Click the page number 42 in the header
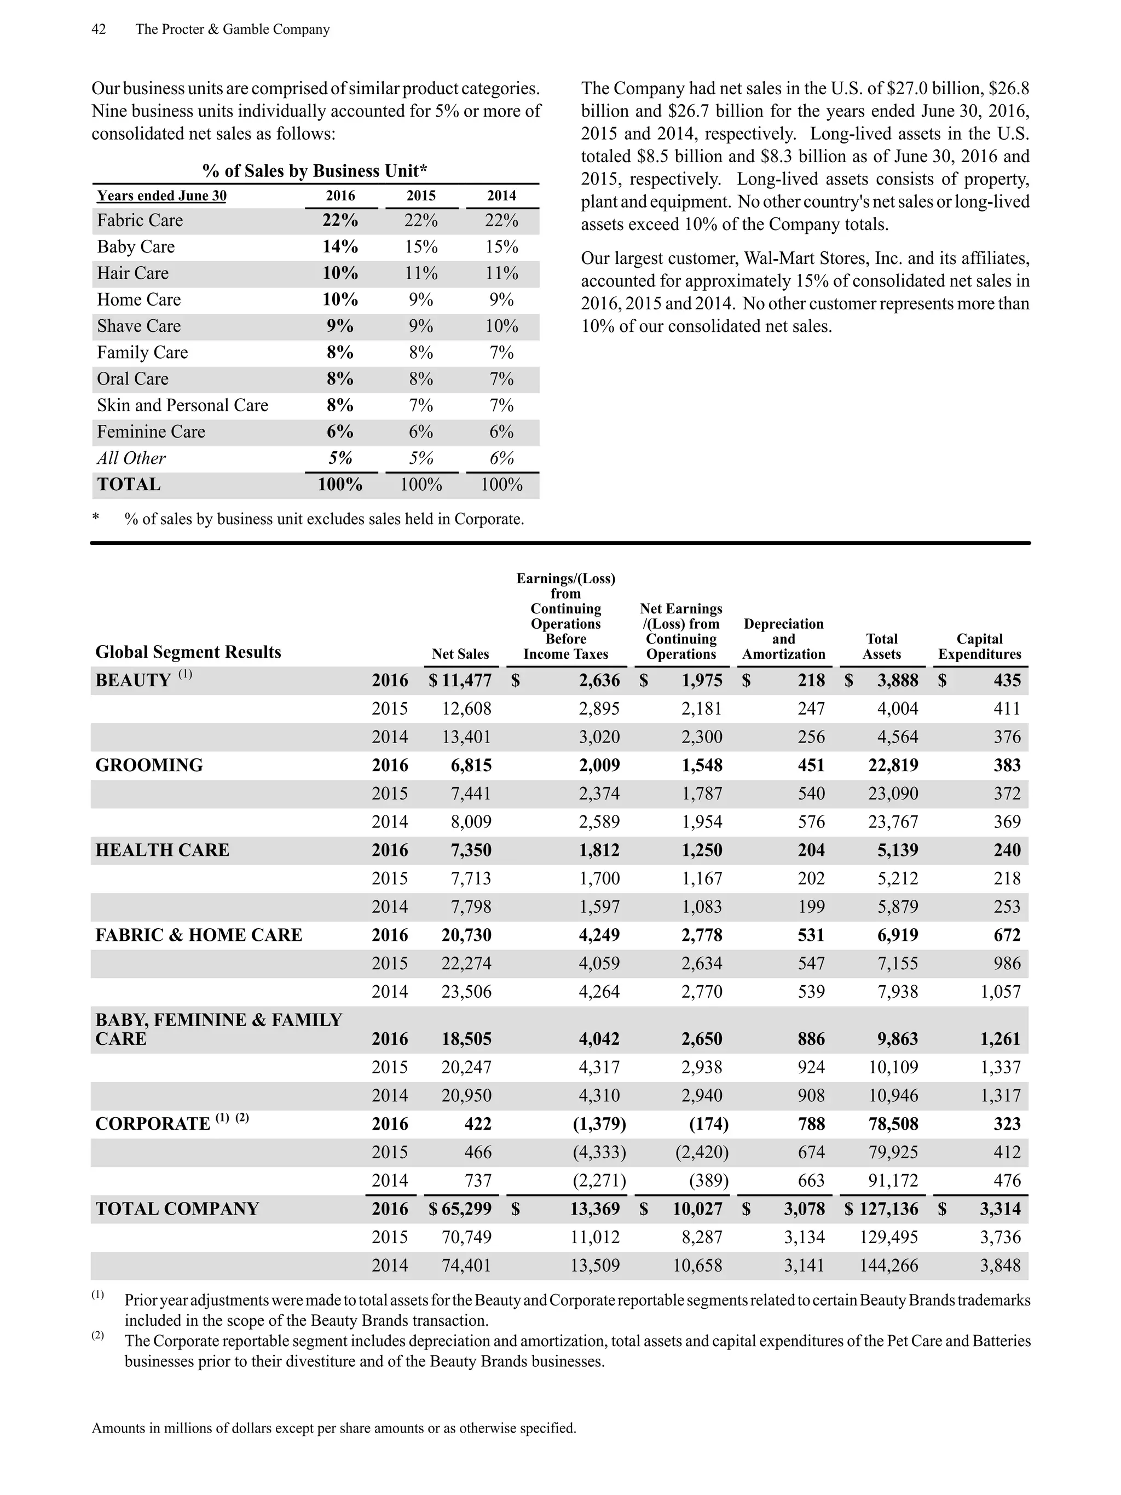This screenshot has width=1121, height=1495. pyautogui.click(x=99, y=30)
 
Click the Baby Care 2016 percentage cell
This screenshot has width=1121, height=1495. pyautogui.click(x=340, y=246)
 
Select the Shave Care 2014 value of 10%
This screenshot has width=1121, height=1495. pyautogui.click(x=501, y=326)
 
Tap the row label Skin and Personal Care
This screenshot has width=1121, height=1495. pyautogui.click(x=182, y=405)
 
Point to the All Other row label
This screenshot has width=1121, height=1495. pyautogui.click(x=131, y=458)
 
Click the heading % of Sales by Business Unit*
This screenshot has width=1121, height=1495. pyautogui.click(x=315, y=171)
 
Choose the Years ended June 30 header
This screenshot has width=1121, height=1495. pyautogui.click(x=161, y=196)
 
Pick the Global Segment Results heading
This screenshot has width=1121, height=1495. pyautogui.click(x=188, y=652)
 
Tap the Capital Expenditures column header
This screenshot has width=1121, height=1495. pyautogui.click(x=979, y=646)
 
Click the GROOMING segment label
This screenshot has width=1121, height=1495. pyautogui.click(x=149, y=765)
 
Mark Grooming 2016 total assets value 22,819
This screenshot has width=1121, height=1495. pyautogui.click(x=893, y=765)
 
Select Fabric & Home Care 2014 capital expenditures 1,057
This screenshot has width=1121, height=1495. pyautogui.click(x=1000, y=992)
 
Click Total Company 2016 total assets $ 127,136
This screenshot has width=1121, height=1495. pyautogui.click(x=882, y=1209)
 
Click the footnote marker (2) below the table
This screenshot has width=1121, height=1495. pyautogui.click(x=98, y=1336)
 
